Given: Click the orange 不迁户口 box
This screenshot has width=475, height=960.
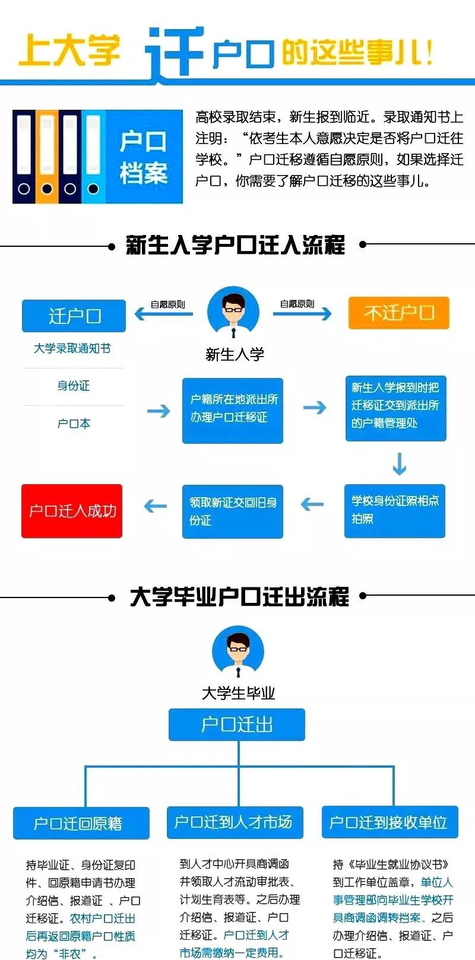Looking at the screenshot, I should click(398, 313).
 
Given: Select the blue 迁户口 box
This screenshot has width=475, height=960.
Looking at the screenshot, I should click(74, 316).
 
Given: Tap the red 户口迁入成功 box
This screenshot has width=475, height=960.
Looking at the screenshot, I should click(72, 511).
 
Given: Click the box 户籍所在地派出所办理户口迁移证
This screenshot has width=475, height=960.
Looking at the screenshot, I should click(232, 410).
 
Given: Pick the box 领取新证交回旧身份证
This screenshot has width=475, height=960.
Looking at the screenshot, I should click(232, 511).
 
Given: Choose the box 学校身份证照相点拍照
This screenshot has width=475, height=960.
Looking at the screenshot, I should click(395, 510).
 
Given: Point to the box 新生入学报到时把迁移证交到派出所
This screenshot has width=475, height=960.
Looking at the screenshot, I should click(395, 408).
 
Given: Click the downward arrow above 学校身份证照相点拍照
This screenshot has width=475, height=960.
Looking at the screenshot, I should click(400, 464).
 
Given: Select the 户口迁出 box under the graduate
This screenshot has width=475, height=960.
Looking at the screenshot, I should click(236, 724).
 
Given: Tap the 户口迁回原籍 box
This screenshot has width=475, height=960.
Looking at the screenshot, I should click(81, 823).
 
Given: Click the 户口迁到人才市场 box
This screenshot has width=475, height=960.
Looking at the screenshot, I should click(235, 822).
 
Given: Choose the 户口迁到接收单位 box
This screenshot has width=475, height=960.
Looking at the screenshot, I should click(389, 822).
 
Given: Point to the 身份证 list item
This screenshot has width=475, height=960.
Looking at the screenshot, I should click(74, 386).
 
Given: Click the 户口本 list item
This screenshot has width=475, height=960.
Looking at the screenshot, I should click(74, 424).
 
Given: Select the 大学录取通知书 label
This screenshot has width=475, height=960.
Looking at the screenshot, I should click(72, 348).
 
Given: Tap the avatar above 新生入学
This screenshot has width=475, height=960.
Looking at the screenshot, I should click(233, 312).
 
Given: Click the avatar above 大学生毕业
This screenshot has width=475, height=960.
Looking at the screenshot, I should click(237, 652).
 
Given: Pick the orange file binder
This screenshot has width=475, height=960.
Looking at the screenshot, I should click(47, 156).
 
